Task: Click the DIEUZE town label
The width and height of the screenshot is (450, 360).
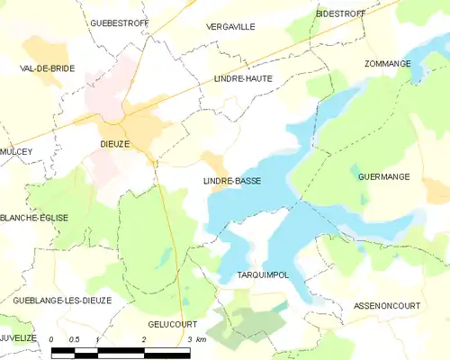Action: (114, 143)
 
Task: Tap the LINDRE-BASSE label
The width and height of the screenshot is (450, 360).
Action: (232, 181)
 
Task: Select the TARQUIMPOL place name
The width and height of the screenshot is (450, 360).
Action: (262, 274)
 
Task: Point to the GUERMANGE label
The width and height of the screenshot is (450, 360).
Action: (383, 176)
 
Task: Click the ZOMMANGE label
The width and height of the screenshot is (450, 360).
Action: (388, 64)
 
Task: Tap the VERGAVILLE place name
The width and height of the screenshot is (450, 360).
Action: (230, 27)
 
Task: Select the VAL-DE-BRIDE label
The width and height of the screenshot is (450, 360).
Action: (47, 68)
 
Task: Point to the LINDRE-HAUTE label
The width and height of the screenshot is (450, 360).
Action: (242, 79)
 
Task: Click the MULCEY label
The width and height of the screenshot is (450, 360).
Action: (16, 152)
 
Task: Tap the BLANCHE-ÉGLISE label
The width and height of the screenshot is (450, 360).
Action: (34, 218)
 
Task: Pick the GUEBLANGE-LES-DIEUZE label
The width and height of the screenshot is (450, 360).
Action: (62, 300)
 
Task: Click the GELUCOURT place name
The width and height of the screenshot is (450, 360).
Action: (172, 322)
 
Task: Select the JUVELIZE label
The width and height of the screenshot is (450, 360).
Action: (18, 337)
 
